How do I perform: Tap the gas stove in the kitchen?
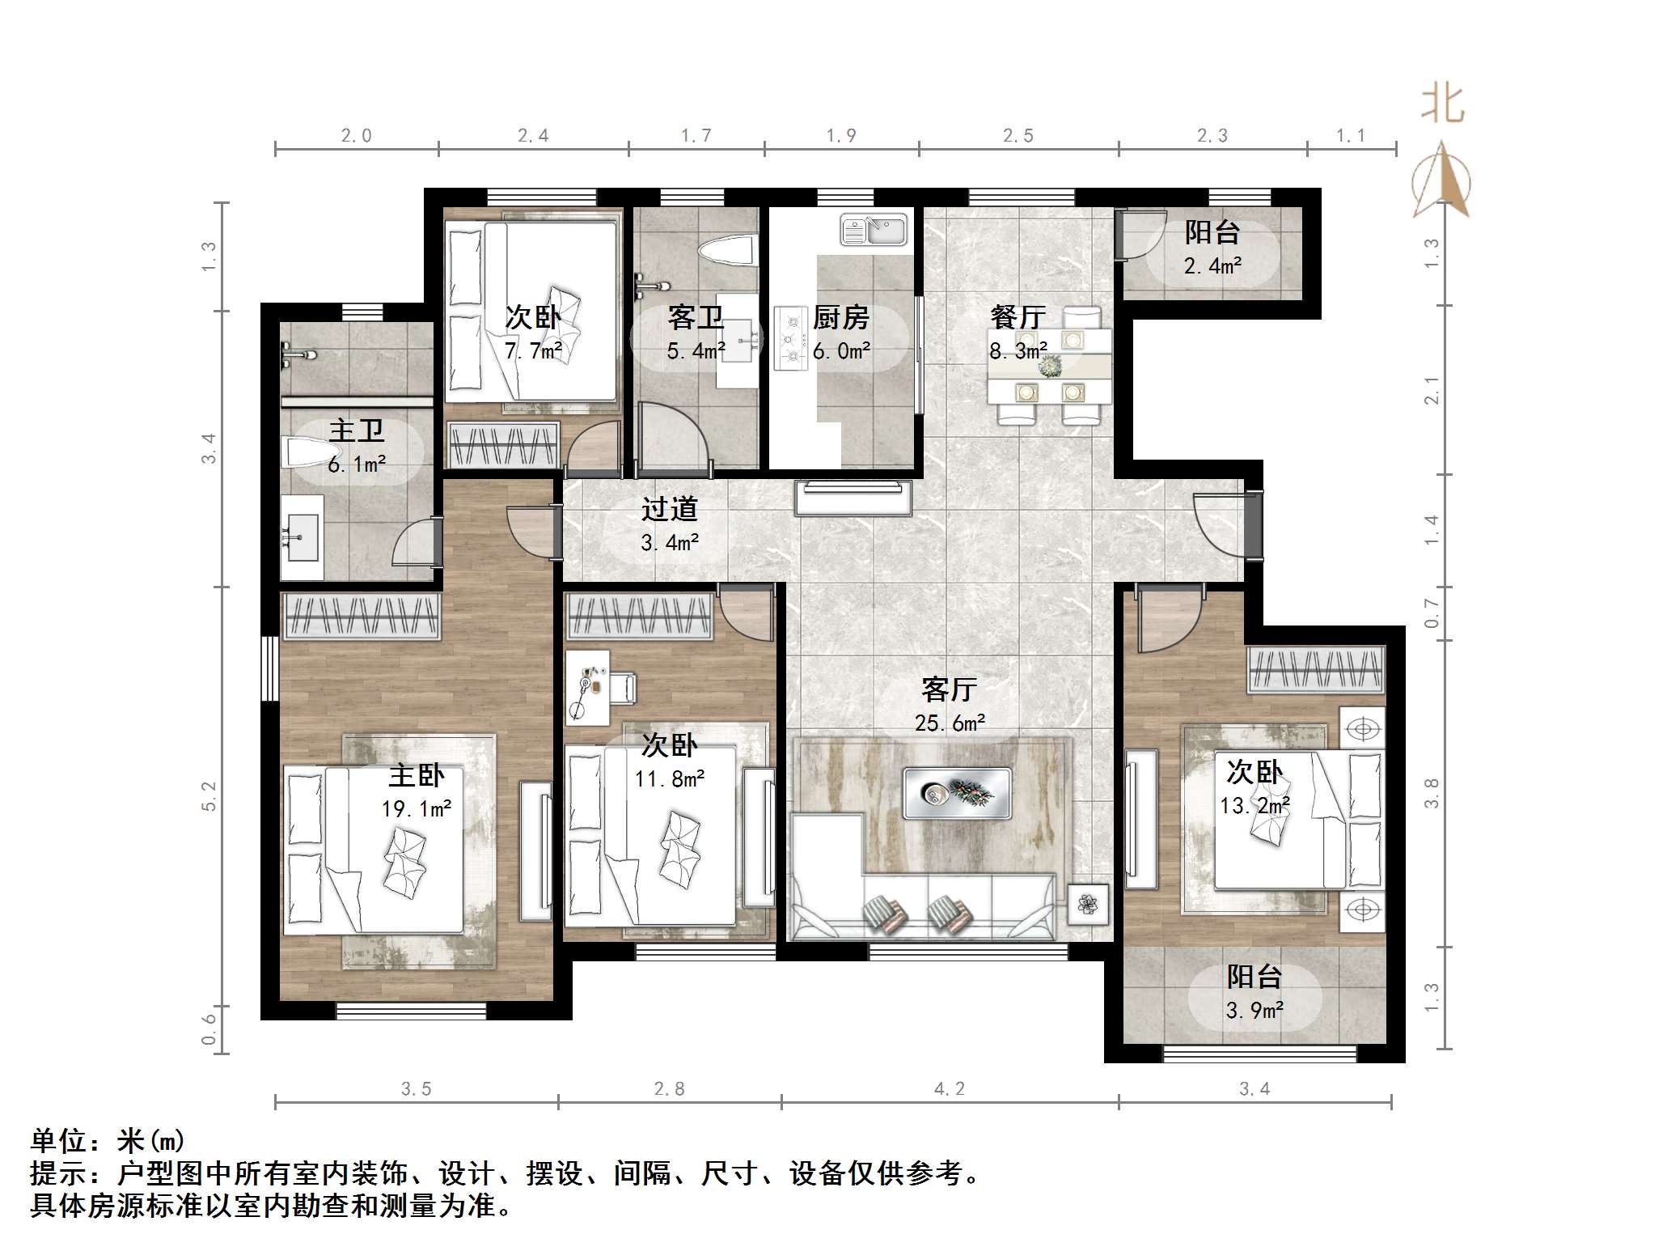click(790, 338)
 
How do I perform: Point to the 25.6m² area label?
click(950, 723)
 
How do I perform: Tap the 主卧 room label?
click(416, 775)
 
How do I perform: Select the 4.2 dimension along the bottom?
click(950, 1089)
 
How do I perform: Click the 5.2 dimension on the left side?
click(209, 796)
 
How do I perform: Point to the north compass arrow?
click(1441, 182)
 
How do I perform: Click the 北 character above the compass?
click(1443, 105)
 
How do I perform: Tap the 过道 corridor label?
click(669, 509)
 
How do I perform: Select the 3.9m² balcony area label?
click(1254, 1011)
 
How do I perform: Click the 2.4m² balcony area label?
click(1212, 265)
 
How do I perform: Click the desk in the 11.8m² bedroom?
click(588, 687)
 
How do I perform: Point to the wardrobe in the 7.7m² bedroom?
click(503, 444)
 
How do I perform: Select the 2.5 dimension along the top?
click(1018, 136)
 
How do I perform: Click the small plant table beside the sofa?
click(1088, 904)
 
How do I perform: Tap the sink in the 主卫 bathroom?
click(301, 538)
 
